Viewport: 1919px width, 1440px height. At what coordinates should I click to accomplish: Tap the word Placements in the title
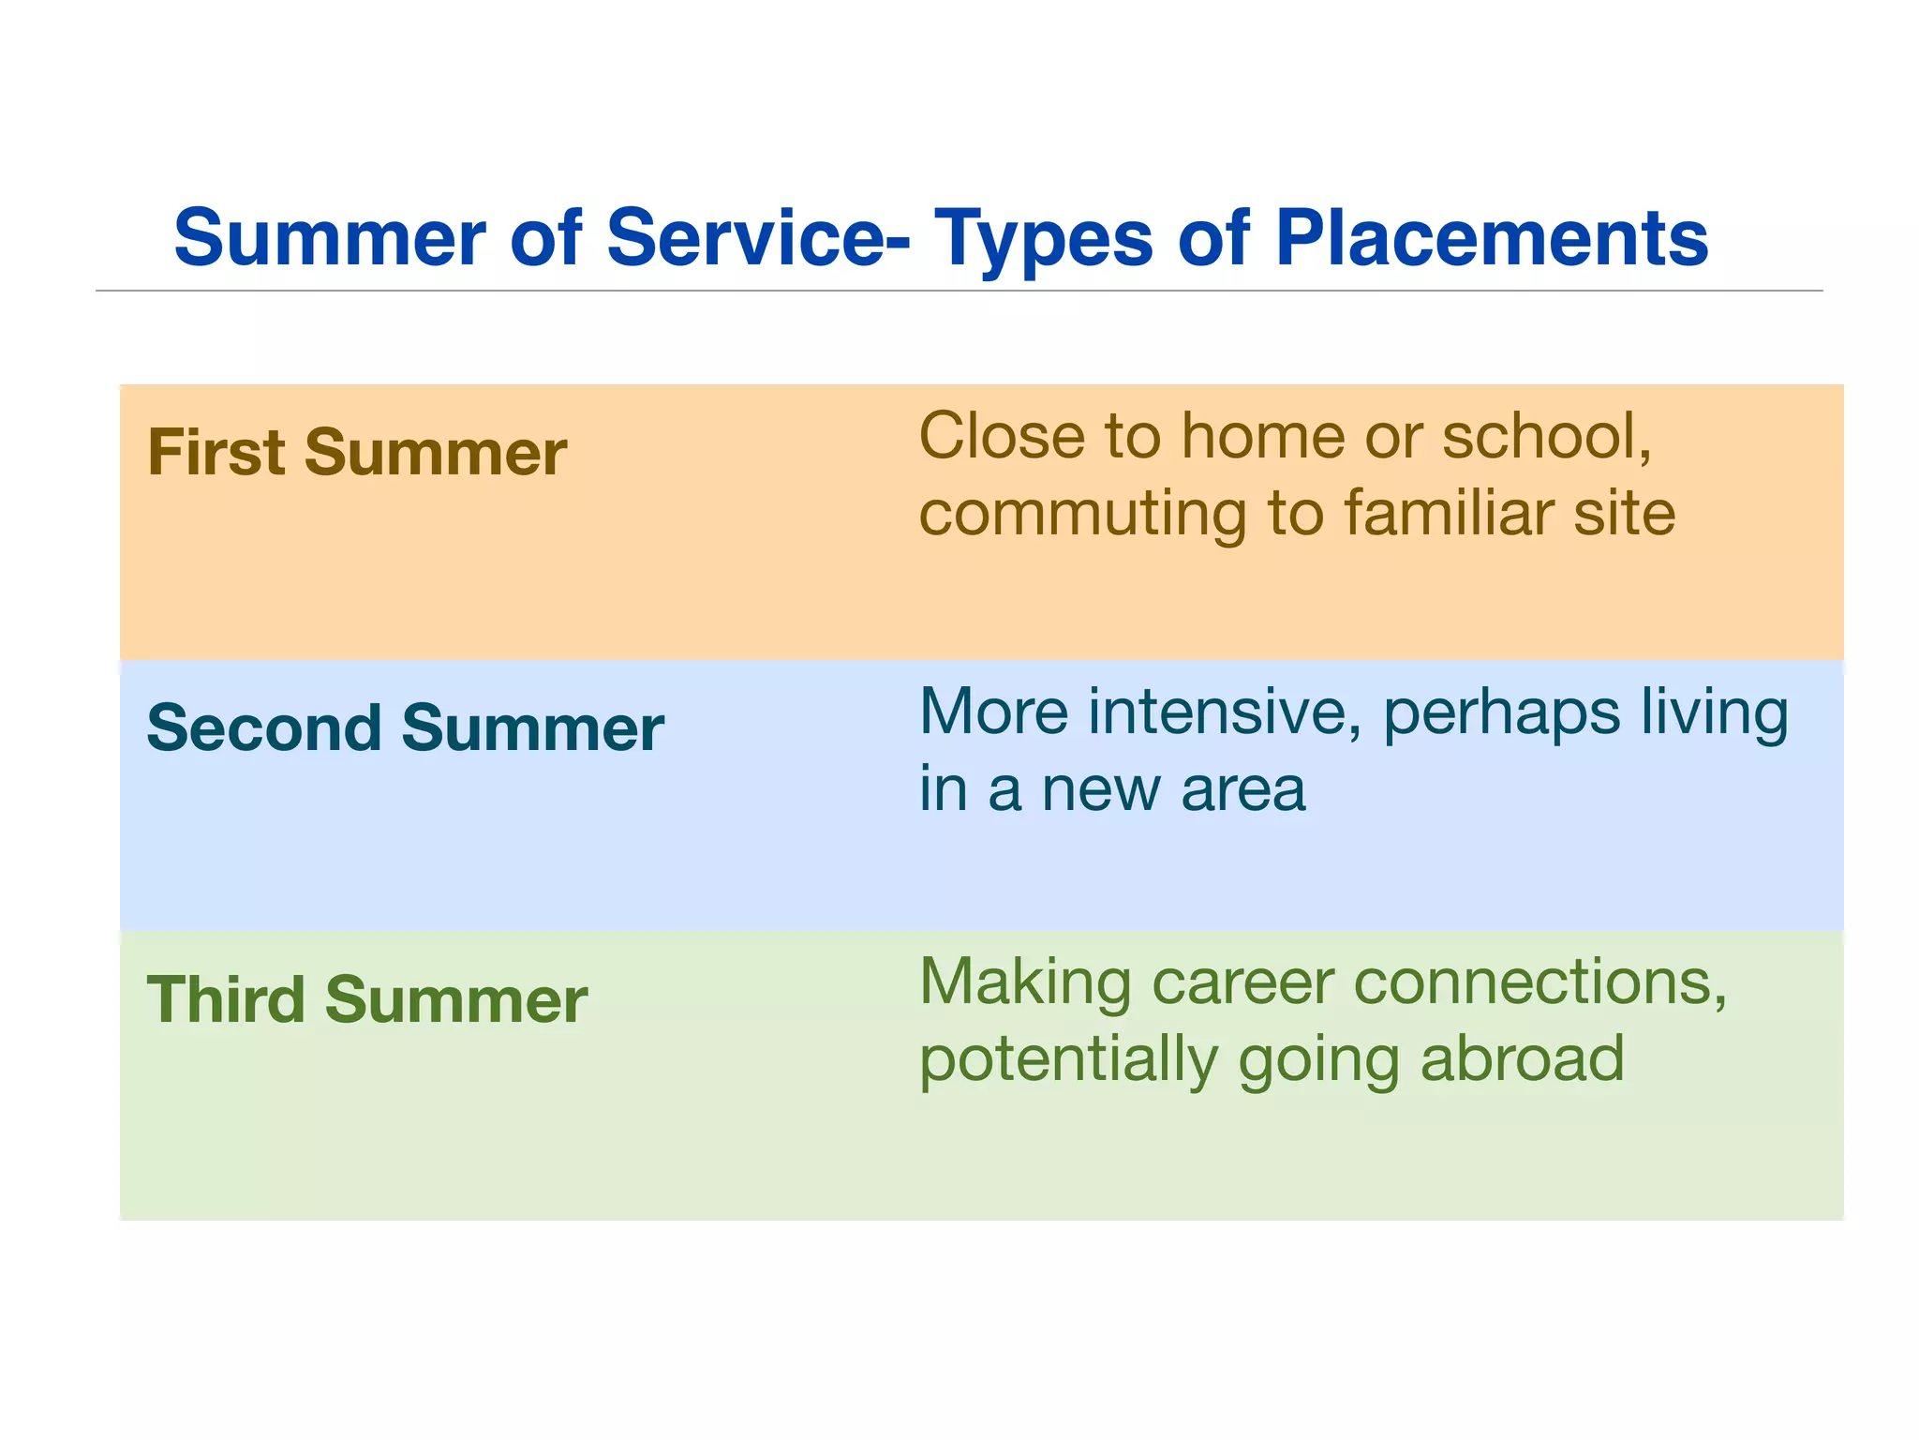[1492, 238]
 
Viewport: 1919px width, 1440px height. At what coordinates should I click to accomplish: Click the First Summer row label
[357, 453]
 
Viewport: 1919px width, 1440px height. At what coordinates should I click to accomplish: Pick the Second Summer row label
[405, 728]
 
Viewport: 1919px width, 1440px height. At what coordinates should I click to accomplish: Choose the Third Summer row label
[367, 999]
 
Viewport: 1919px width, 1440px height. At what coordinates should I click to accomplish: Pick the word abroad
[1523, 1059]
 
